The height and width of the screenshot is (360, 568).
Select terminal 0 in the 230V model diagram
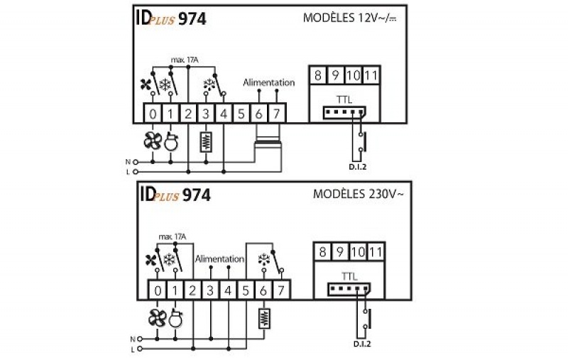[x=158, y=290]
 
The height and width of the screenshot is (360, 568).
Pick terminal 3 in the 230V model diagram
[x=210, y=290]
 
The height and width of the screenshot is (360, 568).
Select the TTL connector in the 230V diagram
[x=344, y=288]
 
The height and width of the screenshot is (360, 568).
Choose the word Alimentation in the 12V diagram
[x=268, y=82]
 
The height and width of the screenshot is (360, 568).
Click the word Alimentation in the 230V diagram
[x=219, y=259]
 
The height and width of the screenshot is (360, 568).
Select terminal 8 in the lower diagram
[x=323, y=251]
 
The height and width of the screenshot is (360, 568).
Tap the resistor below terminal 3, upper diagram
[x=206, y=141]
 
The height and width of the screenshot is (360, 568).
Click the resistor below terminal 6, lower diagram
[x=265, y=317]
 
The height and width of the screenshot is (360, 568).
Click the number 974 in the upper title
[x=192, y=19]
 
